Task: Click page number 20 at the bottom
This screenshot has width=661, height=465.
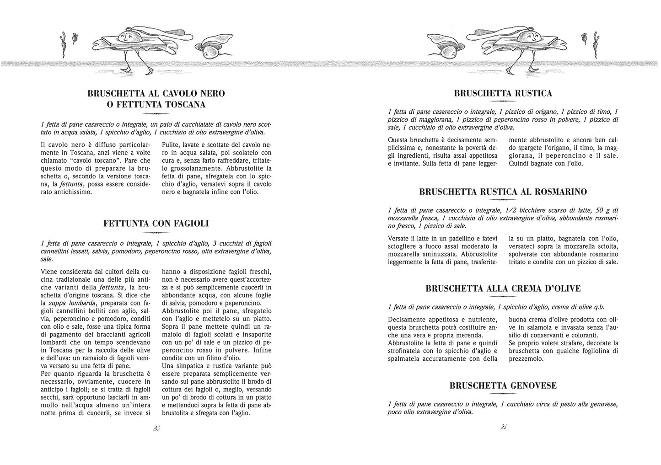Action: click(156, 428)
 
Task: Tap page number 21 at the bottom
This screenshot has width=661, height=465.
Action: click(503, 427)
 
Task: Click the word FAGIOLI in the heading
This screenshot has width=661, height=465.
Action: click(187, 224)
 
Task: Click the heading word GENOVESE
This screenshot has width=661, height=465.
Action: click(530, 385)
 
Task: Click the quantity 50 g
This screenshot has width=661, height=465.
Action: click(603, 210)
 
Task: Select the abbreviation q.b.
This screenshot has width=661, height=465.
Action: click(604, 307)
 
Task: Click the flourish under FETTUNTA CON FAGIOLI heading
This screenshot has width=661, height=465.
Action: click(156, 233)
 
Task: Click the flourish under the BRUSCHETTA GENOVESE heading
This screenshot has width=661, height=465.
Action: click(503, 394)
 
